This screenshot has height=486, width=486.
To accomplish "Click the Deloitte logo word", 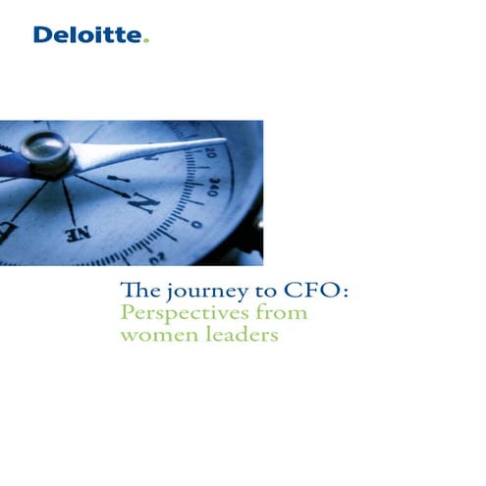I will tap(88, 36).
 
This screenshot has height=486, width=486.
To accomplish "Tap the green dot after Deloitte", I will tap(147, 42).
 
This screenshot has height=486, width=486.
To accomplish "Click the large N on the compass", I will tap(144, 203).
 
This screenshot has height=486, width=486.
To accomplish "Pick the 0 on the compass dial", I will tap(197, 225).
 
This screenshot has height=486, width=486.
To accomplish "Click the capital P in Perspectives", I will tap(125, 314).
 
